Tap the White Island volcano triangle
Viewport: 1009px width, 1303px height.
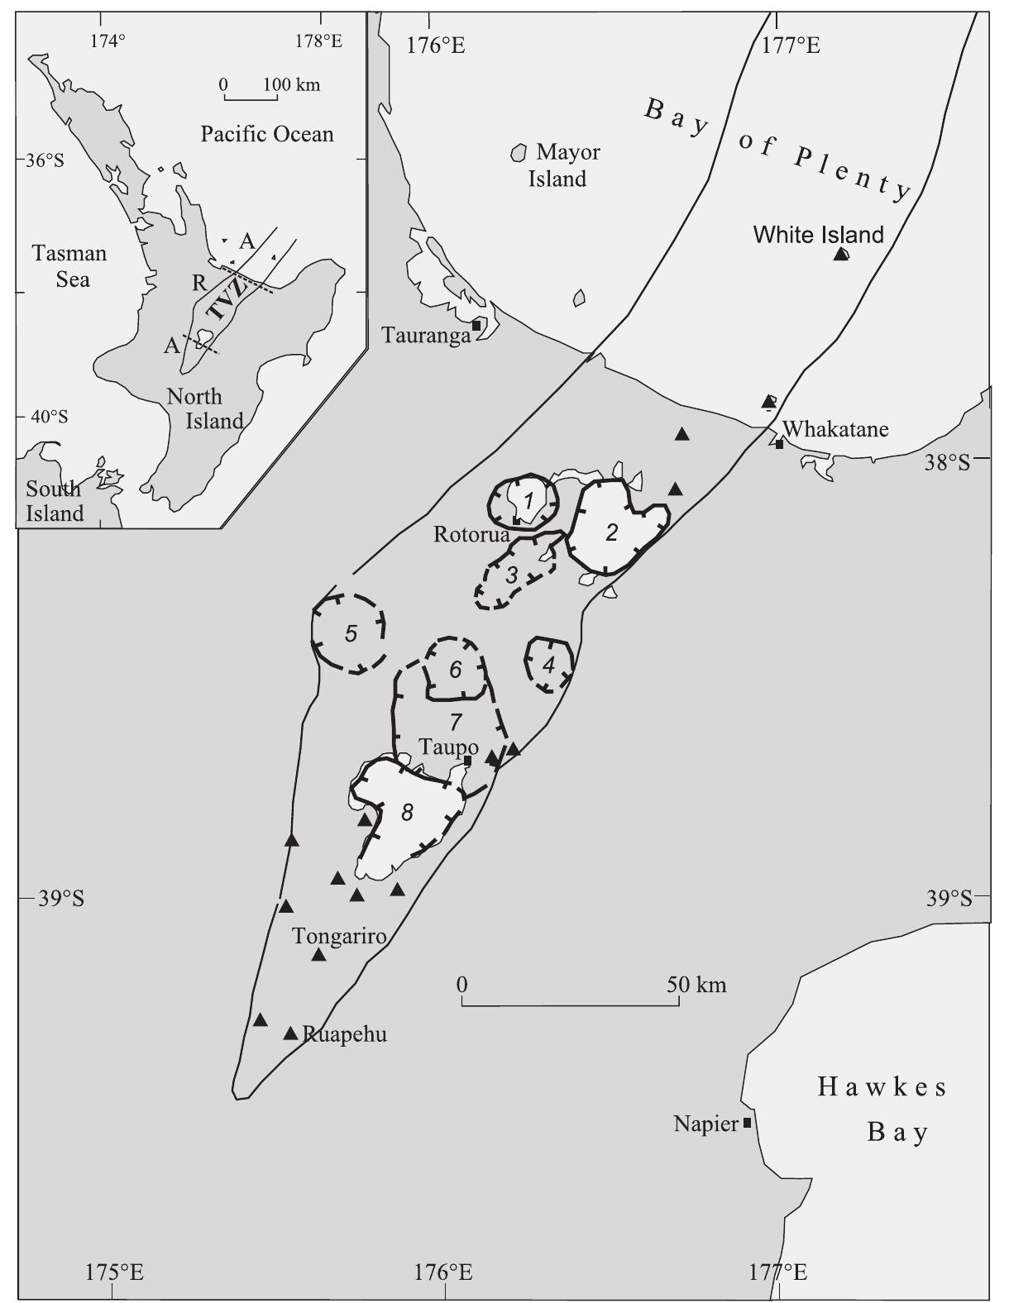pyautogui.click(x=841, y=255)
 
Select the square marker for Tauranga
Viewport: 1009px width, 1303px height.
pyautogui.click(x=476, y=326)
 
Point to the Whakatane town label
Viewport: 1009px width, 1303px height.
pyautogui.click(x=835, y=429)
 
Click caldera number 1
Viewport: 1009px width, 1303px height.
pyautogui.click(x=527, y=499)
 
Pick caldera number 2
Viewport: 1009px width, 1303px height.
pyautogui.click(x=611, y=533)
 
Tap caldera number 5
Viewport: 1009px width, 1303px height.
pyautogui.click(x=351, y=634)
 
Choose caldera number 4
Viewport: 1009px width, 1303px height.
pyautogui.click(x=548, y=665)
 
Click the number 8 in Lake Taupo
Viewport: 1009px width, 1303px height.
pyautogui.click(x=406, y=813)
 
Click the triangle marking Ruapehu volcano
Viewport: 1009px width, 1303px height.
pyautogui.click(x=290, y=1033)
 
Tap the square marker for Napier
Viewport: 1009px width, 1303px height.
pyautogui.click(x=747, y=1123)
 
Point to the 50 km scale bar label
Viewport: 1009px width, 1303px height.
pyautogui.click(x=697, y=984)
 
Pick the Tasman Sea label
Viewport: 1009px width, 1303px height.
pyautogui.click(x=70, y=266)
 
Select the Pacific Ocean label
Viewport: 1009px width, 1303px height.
pyautogui.click(x=267, y=135)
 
